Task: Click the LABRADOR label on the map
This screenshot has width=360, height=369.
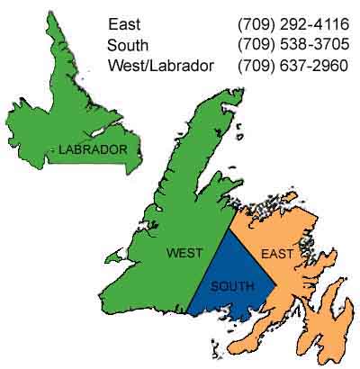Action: click(x=93, y=149)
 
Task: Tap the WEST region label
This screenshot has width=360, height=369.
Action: click(x=184, y=253)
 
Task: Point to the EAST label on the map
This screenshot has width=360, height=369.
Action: click(x=276, y=255)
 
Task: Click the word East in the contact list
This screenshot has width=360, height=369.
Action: click(x=124, y=24)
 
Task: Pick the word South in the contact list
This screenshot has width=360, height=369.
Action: click(x=128, y=45)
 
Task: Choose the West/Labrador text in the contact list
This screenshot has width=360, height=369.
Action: click(x=160, y=66)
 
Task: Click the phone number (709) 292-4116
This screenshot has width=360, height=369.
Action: click(x=292, y=24)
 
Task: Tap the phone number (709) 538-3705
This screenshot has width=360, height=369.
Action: click(x=292, y=45)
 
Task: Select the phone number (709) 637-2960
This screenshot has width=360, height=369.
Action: click(x=292, y=66)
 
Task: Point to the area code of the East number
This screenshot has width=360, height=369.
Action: click(x=255, y=24)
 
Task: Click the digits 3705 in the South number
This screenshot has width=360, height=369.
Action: click(x=330, y=45)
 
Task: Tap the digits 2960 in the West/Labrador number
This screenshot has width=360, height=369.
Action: click(x=330, y=66)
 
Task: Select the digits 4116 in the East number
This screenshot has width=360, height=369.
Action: click(x=330, y=24)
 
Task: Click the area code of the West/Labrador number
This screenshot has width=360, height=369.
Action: click(x=255, y=66)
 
